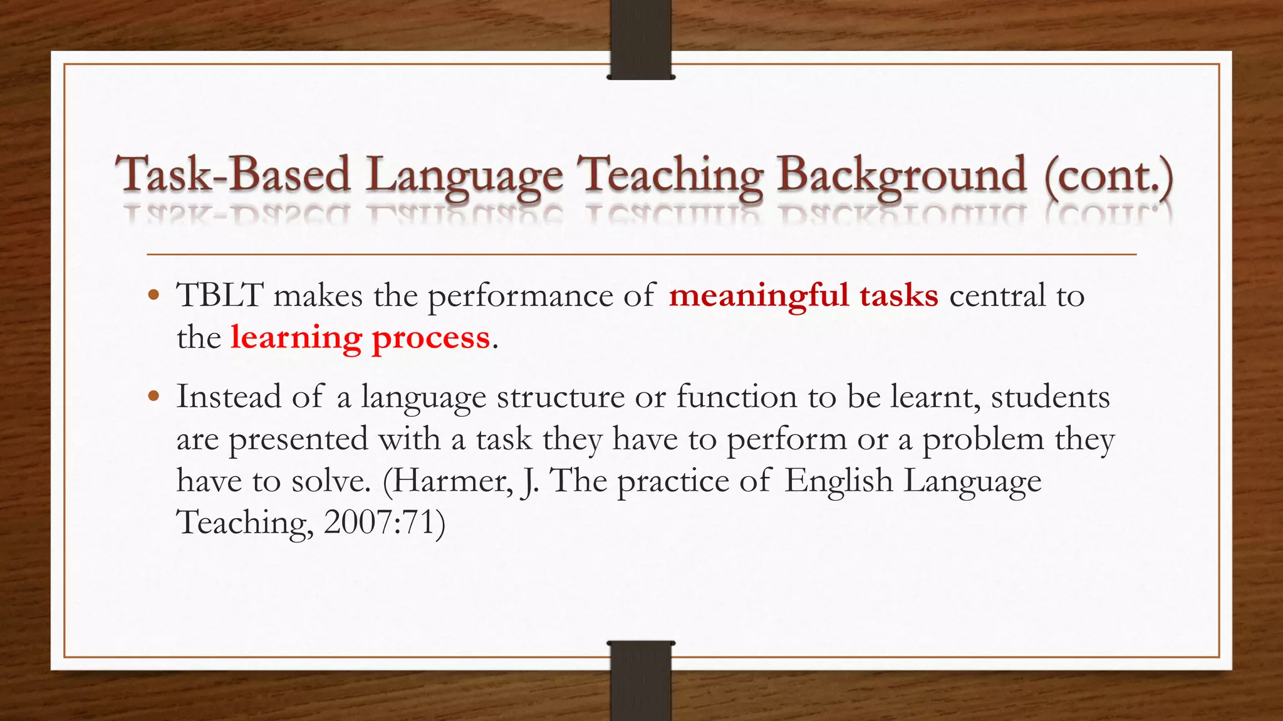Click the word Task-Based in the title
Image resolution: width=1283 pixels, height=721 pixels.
[232, 175]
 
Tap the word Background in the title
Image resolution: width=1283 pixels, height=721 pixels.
[901, 175]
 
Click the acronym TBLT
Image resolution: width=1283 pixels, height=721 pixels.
[220, 295]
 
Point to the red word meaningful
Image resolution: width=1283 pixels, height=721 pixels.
[759, 295]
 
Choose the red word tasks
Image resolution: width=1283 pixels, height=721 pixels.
[898, 295]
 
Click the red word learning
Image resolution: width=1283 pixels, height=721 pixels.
[296, 338]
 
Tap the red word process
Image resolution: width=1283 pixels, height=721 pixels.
[430, 338]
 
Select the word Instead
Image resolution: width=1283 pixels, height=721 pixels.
[229, 397]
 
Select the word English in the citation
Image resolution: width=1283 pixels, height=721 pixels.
[838, 481]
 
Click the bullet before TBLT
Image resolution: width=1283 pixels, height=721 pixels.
[154, 295]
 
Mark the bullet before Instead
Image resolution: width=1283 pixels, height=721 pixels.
[154, 396]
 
